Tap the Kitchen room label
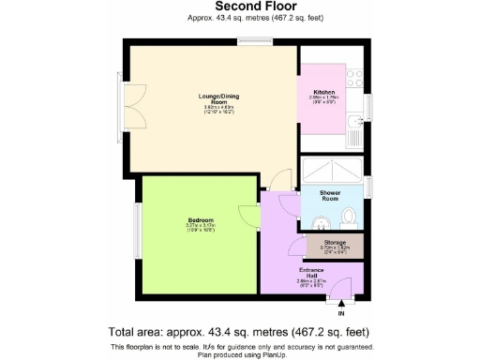point(323,92)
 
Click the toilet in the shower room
point(350,217)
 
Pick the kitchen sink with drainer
point(356,131)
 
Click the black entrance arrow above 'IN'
point(341,302)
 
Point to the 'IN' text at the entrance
point(341,312)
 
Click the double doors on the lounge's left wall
point(121,100)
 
